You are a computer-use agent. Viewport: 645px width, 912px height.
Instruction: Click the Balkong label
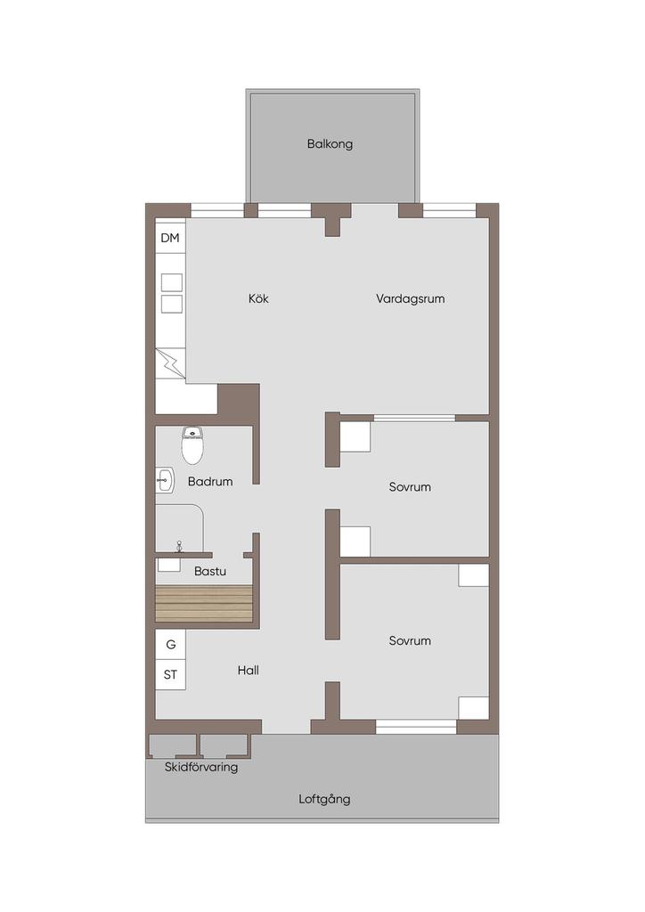[330, 143]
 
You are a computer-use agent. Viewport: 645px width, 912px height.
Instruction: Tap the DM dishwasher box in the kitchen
[170, 238]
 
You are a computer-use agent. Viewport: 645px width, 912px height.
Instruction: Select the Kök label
[259, 298]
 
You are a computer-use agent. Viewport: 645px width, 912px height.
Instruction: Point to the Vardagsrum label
[410, 299]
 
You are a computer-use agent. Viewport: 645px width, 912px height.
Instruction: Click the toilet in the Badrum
[192, 445]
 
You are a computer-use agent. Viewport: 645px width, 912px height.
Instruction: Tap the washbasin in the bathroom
[165, 480]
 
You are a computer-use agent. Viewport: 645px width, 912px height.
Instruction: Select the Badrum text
[210, 482]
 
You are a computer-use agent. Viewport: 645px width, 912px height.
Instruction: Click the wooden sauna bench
[204, 604]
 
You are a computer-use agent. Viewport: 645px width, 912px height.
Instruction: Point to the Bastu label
[210, 571]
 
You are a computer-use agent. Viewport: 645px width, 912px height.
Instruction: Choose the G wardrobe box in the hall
[170, 645]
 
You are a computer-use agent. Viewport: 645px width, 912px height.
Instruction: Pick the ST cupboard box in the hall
[170, 675]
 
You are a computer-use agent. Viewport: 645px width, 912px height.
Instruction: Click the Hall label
[249, 670]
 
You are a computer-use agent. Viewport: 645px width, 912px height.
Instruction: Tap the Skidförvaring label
[201, 767]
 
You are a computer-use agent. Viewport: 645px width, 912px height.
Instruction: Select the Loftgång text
[324, 799]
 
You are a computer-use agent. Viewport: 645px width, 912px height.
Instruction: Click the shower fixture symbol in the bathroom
[179, 546]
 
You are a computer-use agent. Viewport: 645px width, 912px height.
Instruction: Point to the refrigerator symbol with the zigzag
[170, 363]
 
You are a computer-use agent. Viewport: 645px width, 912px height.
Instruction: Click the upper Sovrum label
[410, 487]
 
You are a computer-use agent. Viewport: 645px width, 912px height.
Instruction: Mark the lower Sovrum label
[410, 640]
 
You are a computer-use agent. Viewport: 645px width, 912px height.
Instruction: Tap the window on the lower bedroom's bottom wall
[416, 727]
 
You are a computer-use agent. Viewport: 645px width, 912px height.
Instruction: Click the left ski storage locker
[173, 746]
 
